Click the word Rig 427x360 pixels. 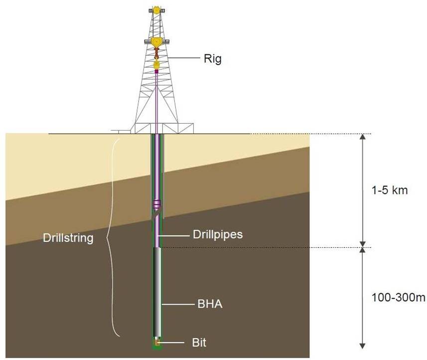tap(212, 59)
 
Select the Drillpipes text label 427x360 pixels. tap(217, 234)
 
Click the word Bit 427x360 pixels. tap(199, 343)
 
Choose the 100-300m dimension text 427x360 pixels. tap(399, 298)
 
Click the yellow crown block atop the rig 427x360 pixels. tap(156, 9)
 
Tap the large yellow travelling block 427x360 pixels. tap(156, 42)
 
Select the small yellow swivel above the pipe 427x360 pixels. tap(156, 64)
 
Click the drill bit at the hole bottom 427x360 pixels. tap(157, 343)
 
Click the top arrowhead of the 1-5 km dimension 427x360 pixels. tap(363, 138)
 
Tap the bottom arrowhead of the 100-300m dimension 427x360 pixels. tap(363, 345)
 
